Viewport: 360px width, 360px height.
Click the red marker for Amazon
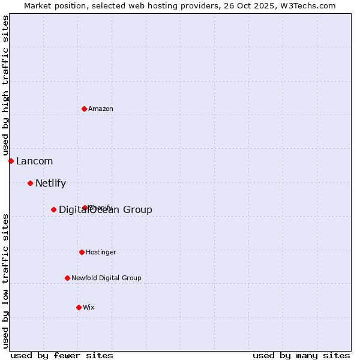tap(85, 109)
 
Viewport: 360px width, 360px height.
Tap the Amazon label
tap(101, 109)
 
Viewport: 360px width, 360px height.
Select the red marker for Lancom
tap(11, 161)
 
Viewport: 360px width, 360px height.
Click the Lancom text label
tap(34, 161)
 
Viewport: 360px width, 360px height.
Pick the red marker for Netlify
tap(30, 183)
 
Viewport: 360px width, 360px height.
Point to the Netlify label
tap(50, 184)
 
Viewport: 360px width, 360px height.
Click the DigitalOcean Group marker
tap(53, 209)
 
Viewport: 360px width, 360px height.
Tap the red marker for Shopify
tap(85, 208)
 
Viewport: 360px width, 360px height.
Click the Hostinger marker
tap(82, 252)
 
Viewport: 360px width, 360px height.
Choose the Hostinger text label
tap(101, 253)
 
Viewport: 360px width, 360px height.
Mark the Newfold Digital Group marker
tap(67, 278)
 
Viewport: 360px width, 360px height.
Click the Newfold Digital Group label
tap(106, 278)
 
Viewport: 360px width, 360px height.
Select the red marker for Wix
tap(79, 307)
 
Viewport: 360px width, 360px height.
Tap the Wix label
tap(89, 308)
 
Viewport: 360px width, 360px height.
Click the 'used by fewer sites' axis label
tap(62, 355)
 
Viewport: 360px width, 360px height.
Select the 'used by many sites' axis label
tap(301, 355)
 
